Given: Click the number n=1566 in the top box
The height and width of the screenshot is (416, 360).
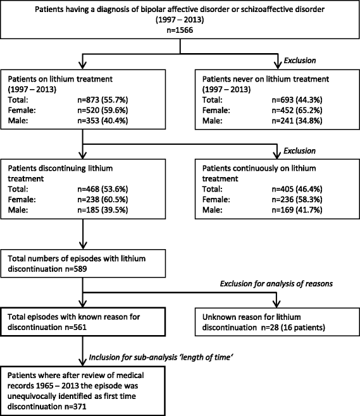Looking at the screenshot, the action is (180, 30).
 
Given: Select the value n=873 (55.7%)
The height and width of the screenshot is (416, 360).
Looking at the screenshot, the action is (102, 100).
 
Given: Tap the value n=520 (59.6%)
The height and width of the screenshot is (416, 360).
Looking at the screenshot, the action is (102, 110).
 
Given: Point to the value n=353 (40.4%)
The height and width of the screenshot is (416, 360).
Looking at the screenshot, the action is (102, 121).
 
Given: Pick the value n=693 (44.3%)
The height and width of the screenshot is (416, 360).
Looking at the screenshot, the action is (297, 100).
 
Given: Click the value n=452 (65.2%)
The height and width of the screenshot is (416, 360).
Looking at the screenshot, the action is (297, 110).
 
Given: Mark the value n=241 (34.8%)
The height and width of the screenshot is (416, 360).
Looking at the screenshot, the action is (297, 121).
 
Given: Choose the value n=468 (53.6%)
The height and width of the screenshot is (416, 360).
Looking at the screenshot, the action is (102, 189).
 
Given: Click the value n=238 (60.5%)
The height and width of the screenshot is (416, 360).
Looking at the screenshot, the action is (102, 199).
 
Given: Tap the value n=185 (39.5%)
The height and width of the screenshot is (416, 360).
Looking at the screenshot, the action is (102, 210).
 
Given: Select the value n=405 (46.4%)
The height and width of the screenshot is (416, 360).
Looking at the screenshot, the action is (297, 189).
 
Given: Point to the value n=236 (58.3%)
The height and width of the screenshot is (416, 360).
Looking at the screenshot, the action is (297, 199).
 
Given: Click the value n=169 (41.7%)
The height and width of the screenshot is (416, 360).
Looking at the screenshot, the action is (297, 210).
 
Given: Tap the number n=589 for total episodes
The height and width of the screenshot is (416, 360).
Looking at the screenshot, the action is (76, 269).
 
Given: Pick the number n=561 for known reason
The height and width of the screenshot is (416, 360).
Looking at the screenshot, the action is (76, 327).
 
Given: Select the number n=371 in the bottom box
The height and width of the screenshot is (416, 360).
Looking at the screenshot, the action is (75, 407).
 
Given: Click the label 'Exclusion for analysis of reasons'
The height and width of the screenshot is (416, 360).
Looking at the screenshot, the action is (276, 284).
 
